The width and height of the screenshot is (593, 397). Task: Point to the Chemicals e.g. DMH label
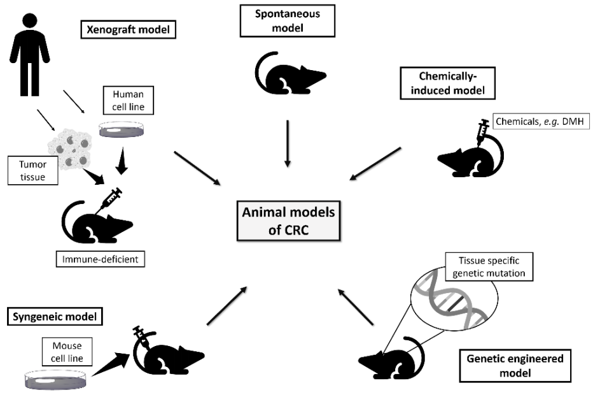[533, 120]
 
